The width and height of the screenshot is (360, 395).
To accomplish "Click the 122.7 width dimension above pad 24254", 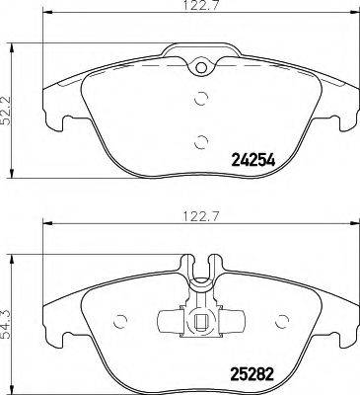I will [x=201, y=13].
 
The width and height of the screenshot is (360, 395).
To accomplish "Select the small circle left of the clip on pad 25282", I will [x=123, y=318].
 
